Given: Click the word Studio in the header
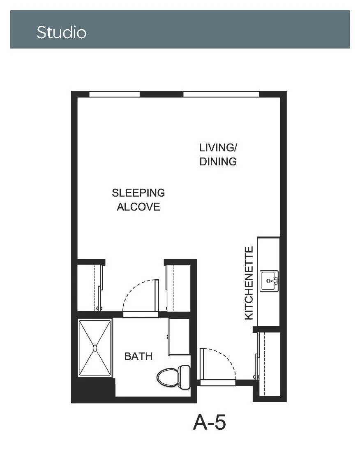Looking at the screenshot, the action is (62, 32).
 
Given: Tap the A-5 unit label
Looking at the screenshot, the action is (210, 422).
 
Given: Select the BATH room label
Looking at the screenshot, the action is (138, 356).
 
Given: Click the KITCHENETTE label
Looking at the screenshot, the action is (249, 283).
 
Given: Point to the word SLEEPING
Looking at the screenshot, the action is (138, 193).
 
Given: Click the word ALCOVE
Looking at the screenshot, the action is (138, 207).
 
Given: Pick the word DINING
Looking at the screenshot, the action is (218, 162).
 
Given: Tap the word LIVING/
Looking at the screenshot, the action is (218, 148).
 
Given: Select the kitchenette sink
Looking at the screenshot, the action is (269, 281).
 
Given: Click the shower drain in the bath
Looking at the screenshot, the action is (95, 348).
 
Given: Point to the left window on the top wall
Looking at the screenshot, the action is (114, 94).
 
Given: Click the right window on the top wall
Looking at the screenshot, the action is (221, 94).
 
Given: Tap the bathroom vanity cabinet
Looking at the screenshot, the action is (179, 336).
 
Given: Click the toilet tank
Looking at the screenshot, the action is (185, 377).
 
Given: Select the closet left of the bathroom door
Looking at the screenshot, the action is (90, 287).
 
